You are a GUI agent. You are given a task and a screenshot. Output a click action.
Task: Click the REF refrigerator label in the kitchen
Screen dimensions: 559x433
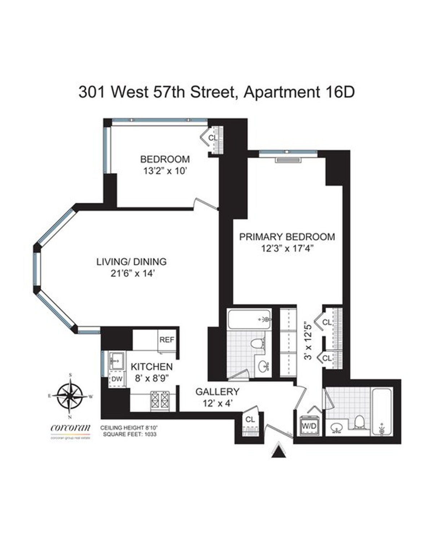click(167, 340)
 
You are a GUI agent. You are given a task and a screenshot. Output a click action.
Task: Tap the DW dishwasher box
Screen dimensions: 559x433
click(116, 379)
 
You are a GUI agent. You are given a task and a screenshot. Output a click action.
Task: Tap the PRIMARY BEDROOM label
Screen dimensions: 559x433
click(287, 237)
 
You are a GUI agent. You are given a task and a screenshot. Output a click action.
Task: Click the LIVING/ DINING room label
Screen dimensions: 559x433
click(131, 262)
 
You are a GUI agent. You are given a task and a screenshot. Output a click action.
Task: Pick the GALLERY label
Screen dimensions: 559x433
click(217, 391)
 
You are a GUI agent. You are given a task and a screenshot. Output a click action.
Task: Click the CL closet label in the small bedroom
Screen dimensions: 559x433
click(213, 138)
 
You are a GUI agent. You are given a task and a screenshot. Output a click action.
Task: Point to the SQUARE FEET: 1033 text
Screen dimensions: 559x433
click(130, 434)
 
